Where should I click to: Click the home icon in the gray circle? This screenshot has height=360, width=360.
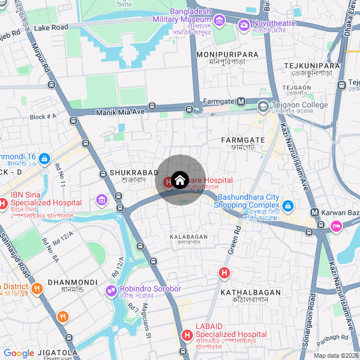pos(179,180)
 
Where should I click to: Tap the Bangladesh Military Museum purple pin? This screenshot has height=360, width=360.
pos(219,21)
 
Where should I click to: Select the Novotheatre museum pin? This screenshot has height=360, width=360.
pos(244,24)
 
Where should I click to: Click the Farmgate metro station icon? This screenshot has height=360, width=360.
pos(241,101)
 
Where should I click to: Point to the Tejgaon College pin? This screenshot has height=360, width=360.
pos(263,106)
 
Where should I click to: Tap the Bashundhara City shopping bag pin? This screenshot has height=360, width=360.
pos(287,206)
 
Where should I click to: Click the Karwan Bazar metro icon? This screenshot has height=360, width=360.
pos(314,213)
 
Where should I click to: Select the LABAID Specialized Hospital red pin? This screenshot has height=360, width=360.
pos(187,335)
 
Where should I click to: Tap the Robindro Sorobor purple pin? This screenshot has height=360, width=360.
pos(111,291)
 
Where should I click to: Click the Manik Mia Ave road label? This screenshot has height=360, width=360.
pos(120,112)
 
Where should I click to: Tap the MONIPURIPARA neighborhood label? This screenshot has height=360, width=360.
pos(228,54)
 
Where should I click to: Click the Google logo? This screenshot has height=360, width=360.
pos(19,353)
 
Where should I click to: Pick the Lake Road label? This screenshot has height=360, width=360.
pos(51,27)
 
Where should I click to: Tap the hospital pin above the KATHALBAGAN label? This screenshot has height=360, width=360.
pos(224,273)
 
